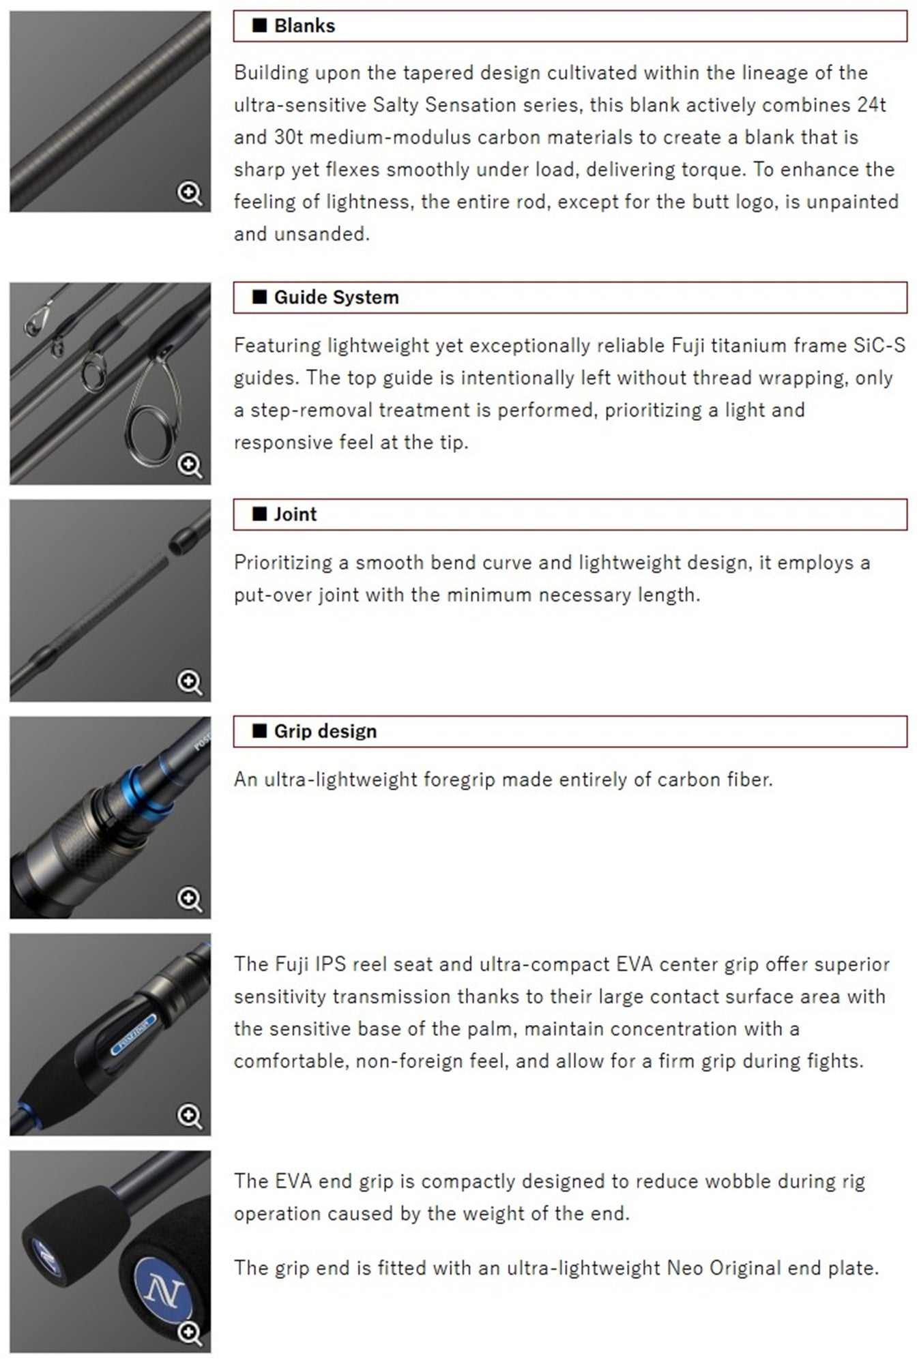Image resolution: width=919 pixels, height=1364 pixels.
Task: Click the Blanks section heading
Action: (x=304, y=26)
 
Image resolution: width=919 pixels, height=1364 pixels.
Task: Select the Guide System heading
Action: (x=336, y=297)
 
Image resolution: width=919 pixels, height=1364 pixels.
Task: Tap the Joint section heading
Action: (x=295, y=514)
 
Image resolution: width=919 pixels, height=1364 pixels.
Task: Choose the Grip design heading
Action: (x=325, y=731)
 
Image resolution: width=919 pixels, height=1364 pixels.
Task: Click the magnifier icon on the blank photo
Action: (x=190, y=194)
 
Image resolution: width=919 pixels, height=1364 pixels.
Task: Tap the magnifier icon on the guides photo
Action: (x=190, y=466)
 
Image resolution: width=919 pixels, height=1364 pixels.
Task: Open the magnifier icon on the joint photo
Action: (x=190, y=682)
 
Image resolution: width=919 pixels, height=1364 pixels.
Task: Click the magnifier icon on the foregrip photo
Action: (x=190, y=899)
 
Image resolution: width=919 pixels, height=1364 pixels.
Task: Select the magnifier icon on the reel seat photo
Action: (x=190, y=1116)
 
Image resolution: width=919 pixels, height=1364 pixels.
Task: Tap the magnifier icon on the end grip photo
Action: (x=190, y=1333)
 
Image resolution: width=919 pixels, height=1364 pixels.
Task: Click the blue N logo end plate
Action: (x=164, y=1290)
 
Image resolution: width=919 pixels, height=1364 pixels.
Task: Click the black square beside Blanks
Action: (x=259, y=26)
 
